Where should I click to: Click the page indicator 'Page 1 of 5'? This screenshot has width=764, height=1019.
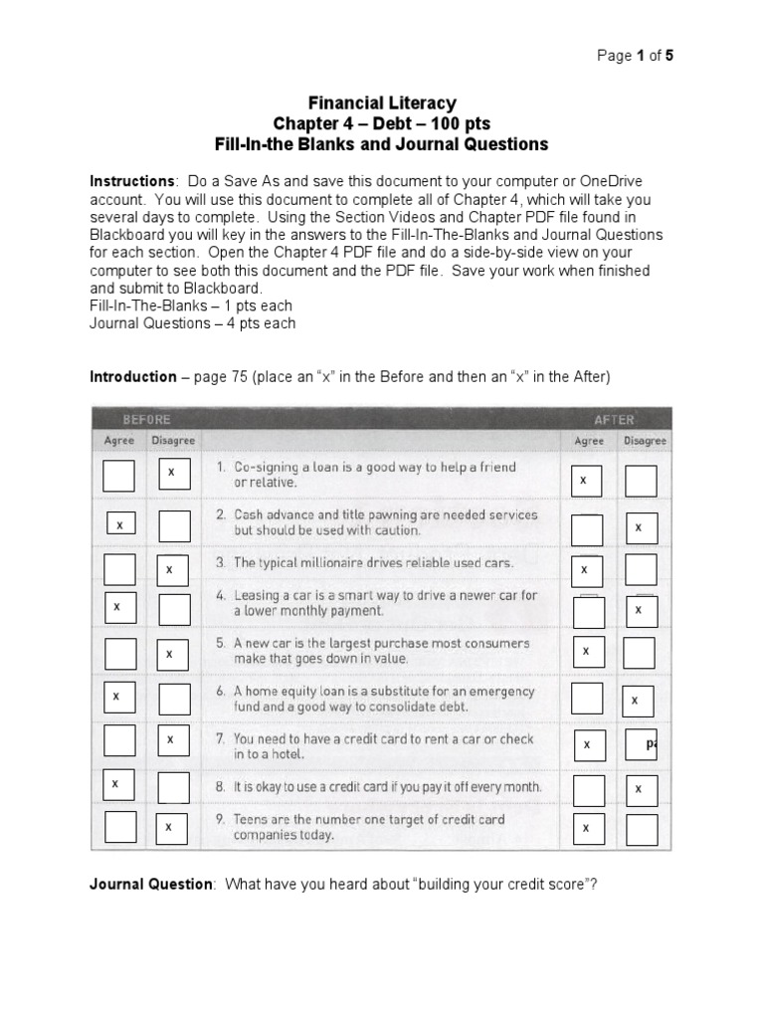[635, 56]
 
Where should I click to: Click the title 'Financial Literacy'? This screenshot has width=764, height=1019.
[382, 102]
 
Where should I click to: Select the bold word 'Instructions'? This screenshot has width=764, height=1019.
[132, 181]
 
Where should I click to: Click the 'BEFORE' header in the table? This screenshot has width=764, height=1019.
[147, 419]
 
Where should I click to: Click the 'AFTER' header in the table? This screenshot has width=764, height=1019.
[614, 419]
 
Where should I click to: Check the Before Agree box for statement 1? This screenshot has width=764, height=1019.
[118, 476]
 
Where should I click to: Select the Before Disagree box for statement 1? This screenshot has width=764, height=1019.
[174, 474]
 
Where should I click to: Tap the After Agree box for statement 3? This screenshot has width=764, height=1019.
[587, 570]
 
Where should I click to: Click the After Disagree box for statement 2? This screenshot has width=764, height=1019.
[641, 527]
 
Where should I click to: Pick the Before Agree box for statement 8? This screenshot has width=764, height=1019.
[118, 784]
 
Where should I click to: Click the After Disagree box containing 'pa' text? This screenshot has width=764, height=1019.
[642, 743]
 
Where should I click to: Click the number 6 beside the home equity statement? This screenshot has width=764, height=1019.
[220, 691]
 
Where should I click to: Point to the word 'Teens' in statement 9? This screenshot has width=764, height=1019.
[252, 819]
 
